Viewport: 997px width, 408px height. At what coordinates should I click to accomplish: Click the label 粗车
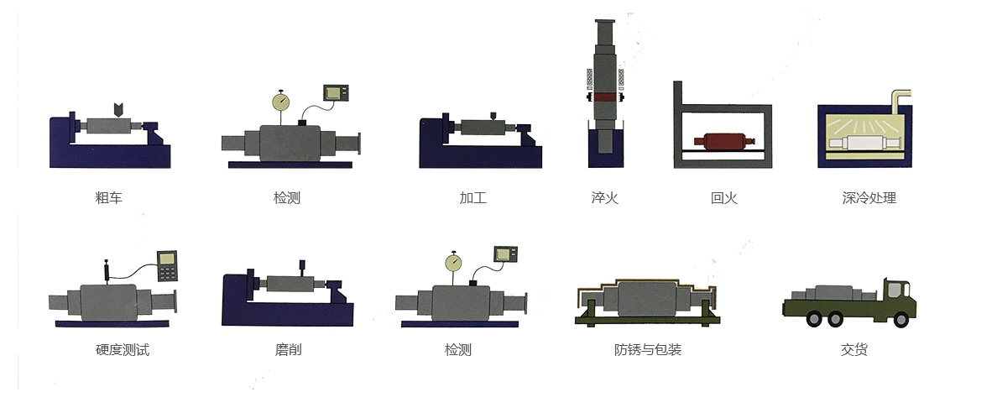[108, 198]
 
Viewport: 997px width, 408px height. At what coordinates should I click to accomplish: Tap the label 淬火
[605, 198]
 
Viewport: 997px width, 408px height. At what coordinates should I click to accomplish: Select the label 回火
[723, 198]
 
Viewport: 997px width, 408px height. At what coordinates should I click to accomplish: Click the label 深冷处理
[869, 198]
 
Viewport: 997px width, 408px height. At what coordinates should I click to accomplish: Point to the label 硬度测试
[123, 349]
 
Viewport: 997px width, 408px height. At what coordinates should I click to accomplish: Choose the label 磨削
[288, 349]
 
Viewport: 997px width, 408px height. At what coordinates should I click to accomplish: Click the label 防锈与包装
[648, 349]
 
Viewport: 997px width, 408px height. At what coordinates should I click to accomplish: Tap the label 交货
[854, 349]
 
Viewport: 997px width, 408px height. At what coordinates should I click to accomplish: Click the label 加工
[473, 198]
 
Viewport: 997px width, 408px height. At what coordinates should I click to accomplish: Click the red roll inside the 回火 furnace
[723, 142]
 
